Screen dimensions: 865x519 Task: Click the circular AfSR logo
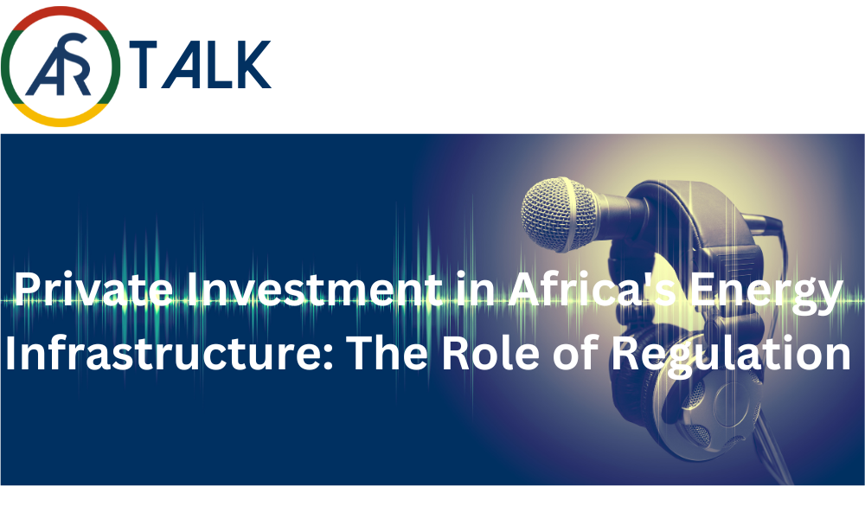(61, 67)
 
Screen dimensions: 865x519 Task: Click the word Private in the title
(93, 289)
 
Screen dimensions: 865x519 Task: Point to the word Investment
(314, 289)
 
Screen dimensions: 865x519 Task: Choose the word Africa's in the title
(592, 289)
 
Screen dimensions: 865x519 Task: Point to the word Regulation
(732, 355)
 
